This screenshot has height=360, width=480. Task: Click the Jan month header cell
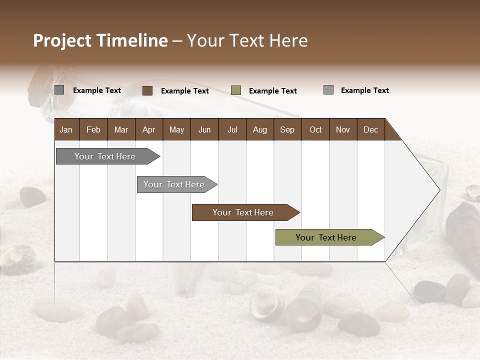[x=66, y=129]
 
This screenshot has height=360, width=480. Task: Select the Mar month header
[x=121, y=129]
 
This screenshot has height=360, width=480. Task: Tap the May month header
[x=176, y=129]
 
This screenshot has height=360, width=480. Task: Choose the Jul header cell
[x=232, y=129]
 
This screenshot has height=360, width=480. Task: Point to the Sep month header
[x=287, y=129]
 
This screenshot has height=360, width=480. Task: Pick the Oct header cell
[x=315, y=129]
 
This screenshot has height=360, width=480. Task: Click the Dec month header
[x=370, y=129]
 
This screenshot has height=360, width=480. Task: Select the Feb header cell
[x=93, y=129]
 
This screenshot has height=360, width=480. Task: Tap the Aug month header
[x=259, y=129]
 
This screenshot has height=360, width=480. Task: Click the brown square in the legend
[x=147, y=90]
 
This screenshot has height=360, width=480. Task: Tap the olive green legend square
[x=236, y=90]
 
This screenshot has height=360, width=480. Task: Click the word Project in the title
[x=62, y=40]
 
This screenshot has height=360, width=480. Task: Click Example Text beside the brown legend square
[x=185, y=91]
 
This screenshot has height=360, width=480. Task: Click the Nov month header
[x=343, y=129]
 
